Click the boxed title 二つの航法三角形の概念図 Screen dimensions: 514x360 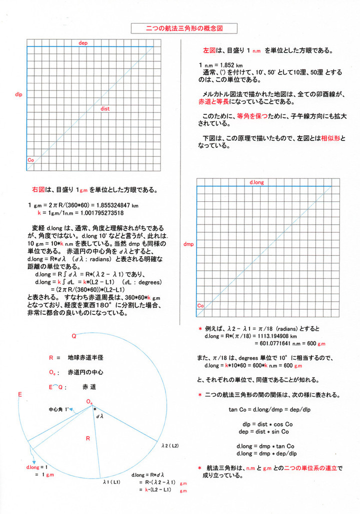click(179, 29)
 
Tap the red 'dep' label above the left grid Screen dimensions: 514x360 click(83, 43)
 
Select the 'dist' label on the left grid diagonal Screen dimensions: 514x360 click(105, 108)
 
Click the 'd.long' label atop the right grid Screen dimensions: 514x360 click(257, 183)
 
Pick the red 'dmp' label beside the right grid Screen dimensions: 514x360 click(189, 244)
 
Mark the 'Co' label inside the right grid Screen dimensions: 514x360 click(200, 305)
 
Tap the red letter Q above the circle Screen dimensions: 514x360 click(74, 337)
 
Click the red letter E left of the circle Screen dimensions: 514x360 click(19, 395)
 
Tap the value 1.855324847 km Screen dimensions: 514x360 click(114, 206)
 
